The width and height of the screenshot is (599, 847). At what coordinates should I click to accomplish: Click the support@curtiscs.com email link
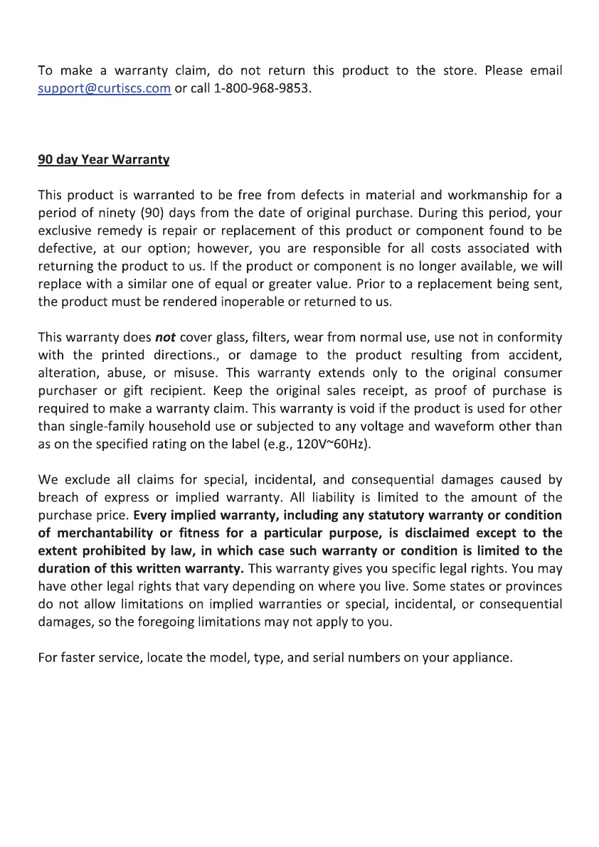[104, 89]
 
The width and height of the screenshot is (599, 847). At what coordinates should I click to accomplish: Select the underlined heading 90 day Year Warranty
[103, 160]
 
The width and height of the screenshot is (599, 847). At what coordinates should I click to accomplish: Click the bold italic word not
[166, 337]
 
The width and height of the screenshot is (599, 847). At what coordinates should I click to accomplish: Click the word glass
[232, 337]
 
